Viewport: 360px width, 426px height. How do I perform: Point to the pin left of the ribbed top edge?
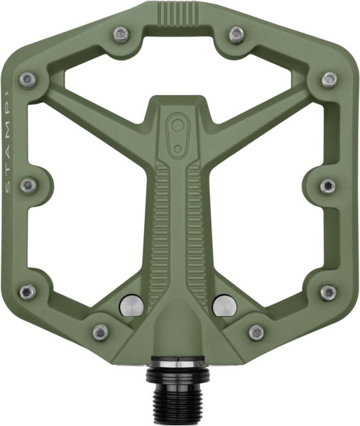click(x=122, y=33)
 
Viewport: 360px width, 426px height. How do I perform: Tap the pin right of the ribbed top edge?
click(x=236, y=33)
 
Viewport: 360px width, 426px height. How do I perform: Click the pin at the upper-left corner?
click(x=28, y=79)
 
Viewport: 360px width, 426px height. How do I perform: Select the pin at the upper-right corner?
click(x=328, y=79)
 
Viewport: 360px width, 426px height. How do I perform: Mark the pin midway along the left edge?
click(x=29, y=185)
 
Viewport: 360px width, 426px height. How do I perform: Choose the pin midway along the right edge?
click(x=327, y=185)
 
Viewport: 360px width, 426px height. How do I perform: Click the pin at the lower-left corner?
click(x=28, y=291)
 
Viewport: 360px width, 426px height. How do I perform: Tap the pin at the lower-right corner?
click(x=328, y=292)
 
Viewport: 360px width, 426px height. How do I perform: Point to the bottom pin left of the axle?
click(x=102, y=332)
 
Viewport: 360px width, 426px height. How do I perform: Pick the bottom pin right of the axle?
click(x=256, y=332)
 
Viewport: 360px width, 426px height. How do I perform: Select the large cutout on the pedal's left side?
click(x=85, y=220)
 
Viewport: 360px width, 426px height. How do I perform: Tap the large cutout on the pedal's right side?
click(x=273, y=220)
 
